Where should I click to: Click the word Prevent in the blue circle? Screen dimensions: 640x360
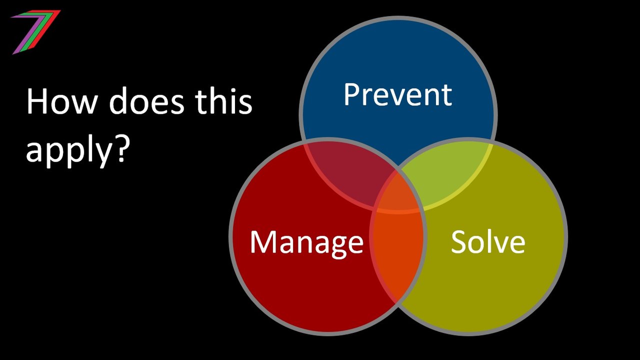tap(397, 94)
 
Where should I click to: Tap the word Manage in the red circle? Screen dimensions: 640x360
tap(306, 242)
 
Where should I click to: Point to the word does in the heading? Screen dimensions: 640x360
tap(146, 101)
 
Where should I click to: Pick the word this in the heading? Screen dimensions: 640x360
tap(224, 101)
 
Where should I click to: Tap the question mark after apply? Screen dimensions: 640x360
tap(119, 149)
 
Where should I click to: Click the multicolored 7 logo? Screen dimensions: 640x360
tap(36, 32)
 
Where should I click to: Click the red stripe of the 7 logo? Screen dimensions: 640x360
tap(47, 24)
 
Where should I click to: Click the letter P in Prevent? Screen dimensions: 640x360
tap(351, 94)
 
